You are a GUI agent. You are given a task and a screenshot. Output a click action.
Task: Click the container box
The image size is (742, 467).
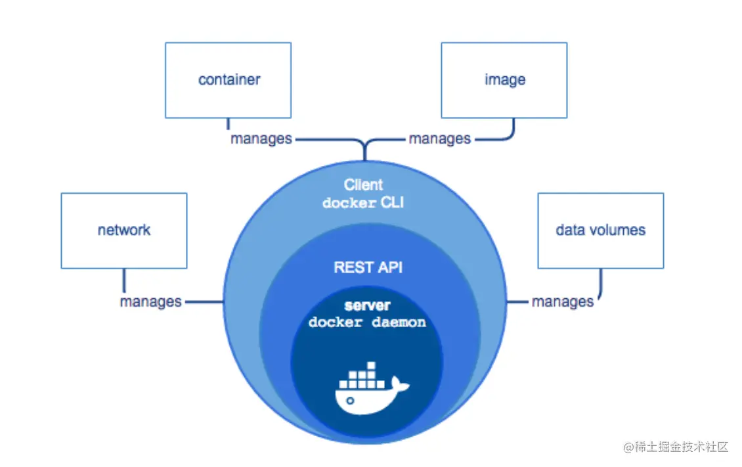pyautogui.click(x=229, y=80)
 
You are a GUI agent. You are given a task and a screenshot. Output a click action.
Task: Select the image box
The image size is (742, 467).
pyautogui.click(x=504, y=80)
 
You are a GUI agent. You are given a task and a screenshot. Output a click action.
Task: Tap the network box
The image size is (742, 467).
pyautogui.click(x=123, y=231)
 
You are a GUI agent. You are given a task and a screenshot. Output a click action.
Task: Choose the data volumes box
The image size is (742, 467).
pyautogui.click(x=600, y=231)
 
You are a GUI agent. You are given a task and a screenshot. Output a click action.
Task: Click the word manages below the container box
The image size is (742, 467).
pyautogui.click(x=261, y=139)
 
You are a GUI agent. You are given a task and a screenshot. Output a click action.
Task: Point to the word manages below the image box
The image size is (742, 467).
pyautogui.click(x=439, y=139)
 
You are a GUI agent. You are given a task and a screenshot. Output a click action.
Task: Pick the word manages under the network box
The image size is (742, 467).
pyautogui.click(x=150, y=302)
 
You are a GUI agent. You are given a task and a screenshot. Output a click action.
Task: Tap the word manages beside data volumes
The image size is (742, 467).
pyautogui.click(x=562, y=302)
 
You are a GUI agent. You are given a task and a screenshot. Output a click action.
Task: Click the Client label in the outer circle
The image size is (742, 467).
pyautogui.click(x=363, y=185)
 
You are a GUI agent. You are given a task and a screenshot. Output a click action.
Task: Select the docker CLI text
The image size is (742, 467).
pyautogui.click(x=363, y=203)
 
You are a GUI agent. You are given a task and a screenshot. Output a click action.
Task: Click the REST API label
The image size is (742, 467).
pyautogui.click(x=368, y=267)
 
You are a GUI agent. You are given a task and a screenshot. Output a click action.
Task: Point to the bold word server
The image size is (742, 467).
pyautogui.click(x=367, y=306)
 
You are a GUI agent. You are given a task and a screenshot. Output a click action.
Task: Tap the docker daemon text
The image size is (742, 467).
pyautogui.click(x=367, y=322)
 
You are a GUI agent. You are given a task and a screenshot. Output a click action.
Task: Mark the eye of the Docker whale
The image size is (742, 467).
pyautogui.click(x=351, y=400)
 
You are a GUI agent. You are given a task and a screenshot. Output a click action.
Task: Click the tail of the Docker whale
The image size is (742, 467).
pyautogui.click(x=399, y=384)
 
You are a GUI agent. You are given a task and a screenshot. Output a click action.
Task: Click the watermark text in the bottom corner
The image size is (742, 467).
pyautogui.click(x=676, y=447)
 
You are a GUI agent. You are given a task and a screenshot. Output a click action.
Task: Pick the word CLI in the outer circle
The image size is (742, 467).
pyautogui.click(x=392, y=203)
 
